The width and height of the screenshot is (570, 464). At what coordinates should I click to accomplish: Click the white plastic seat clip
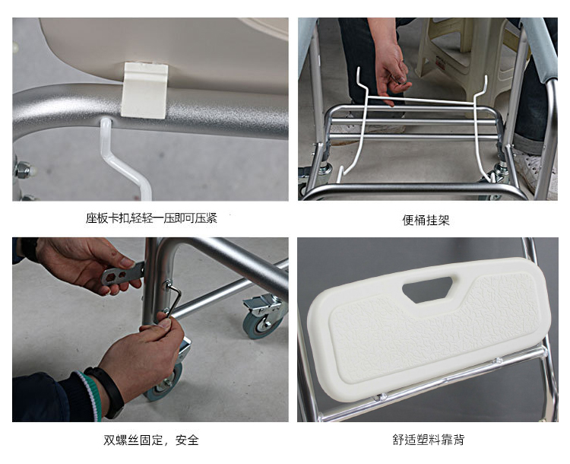[x=144, y=91]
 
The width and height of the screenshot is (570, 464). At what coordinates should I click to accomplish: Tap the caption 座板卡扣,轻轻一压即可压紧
[x=151, y=218]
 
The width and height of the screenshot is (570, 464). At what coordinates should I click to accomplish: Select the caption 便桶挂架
[x=426, y=220]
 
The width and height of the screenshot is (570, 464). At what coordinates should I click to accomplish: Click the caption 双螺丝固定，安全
[x=151, y=440]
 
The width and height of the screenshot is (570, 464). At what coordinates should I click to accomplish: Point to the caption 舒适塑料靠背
[x=428, y=439]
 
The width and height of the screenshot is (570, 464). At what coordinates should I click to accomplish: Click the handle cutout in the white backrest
[x=427, y=289]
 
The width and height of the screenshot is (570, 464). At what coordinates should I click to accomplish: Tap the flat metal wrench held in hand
[x=122, y=273]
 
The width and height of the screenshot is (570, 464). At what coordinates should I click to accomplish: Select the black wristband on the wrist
[x=106, y=392]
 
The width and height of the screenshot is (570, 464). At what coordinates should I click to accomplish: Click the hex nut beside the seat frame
[x=23, y=170]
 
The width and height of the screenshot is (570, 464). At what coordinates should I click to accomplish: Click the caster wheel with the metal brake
[x=264, y=316]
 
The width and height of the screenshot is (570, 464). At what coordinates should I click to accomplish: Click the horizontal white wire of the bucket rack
[x=420, y=100]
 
